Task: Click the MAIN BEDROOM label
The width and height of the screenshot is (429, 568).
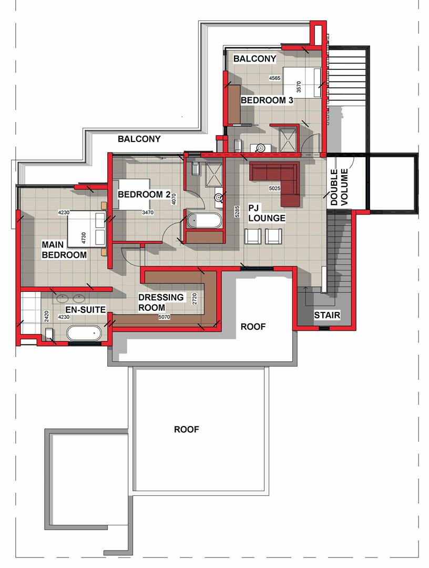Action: coord(64,250)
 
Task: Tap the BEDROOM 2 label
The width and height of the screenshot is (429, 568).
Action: coord(144,195)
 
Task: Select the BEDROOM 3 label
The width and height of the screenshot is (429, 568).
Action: coord(267,100)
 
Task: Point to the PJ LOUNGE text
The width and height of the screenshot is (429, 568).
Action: coord(267,213)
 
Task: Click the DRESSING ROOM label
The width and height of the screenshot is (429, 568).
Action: coord(161,302)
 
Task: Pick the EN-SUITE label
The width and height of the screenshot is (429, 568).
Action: coord(86,310)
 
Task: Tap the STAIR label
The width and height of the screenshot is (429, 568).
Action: coord(327,315)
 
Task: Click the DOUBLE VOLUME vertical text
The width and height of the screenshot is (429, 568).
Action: coord(339,187)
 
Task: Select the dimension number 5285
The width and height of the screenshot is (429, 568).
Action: coord(237,211)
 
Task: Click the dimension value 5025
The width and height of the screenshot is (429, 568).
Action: coord(274,188)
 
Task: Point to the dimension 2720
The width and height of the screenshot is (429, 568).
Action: coord(195,299)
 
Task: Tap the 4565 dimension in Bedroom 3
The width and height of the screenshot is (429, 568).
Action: coord(274,78)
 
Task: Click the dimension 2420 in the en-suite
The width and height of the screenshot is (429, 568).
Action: coord(46,316)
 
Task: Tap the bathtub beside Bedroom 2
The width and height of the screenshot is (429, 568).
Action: coord(204,220)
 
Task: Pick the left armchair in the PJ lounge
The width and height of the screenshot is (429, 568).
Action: coord(252,236)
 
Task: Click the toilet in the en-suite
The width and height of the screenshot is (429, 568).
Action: coord(50,334)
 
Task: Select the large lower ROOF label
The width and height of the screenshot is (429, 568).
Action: coord(187,429)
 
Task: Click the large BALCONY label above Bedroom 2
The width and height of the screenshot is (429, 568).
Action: coord(139,139)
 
